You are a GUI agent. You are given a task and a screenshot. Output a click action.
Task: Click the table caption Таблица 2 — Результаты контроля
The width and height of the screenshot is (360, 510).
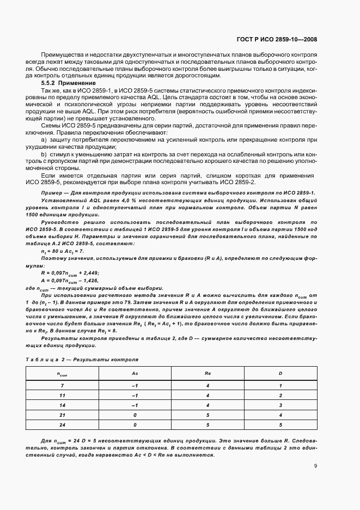point(83,360)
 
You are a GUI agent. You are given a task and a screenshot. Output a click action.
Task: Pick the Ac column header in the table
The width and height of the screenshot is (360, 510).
point(135,374)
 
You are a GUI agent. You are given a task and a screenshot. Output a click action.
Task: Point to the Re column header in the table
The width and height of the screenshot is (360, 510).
point(208,374)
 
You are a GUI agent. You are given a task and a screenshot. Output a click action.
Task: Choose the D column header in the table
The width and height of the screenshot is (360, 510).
point(280,374)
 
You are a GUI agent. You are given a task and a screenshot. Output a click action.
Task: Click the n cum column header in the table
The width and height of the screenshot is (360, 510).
point(62,374)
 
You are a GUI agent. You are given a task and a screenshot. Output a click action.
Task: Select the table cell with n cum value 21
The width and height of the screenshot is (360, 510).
point(62,415)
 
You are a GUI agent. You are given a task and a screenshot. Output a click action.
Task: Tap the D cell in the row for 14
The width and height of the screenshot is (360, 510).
point(280,405)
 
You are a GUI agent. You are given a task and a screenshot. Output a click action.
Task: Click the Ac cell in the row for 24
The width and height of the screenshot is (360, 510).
point(135,424)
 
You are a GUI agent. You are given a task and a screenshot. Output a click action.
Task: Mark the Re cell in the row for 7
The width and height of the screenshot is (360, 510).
point(208,385)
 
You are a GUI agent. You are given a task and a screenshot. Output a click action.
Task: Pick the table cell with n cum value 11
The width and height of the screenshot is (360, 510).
point(62,395)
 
